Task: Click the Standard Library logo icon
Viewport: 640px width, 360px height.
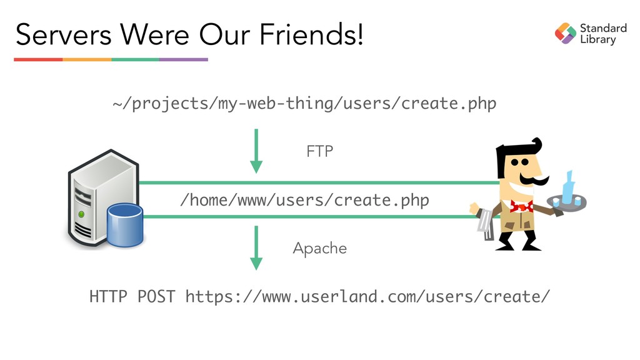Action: point(565,33)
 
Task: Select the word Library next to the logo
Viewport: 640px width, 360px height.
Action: point(598,40)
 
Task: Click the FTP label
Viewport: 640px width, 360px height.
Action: point(319,151)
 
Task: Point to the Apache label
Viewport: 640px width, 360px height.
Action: point(319,249)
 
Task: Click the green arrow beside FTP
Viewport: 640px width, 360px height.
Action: point(256,151)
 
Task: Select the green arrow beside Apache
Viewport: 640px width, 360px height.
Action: point(256,247)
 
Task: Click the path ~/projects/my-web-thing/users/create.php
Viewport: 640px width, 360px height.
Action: point(304,104)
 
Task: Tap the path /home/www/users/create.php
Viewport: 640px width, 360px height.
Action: point(304,201)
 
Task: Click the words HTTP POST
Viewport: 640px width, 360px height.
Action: point(132,296)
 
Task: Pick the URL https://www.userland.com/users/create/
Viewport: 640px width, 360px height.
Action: point(368,296)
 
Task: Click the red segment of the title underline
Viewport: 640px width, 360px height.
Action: point(38,59)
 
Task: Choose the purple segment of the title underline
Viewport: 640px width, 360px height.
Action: point(184,59)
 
